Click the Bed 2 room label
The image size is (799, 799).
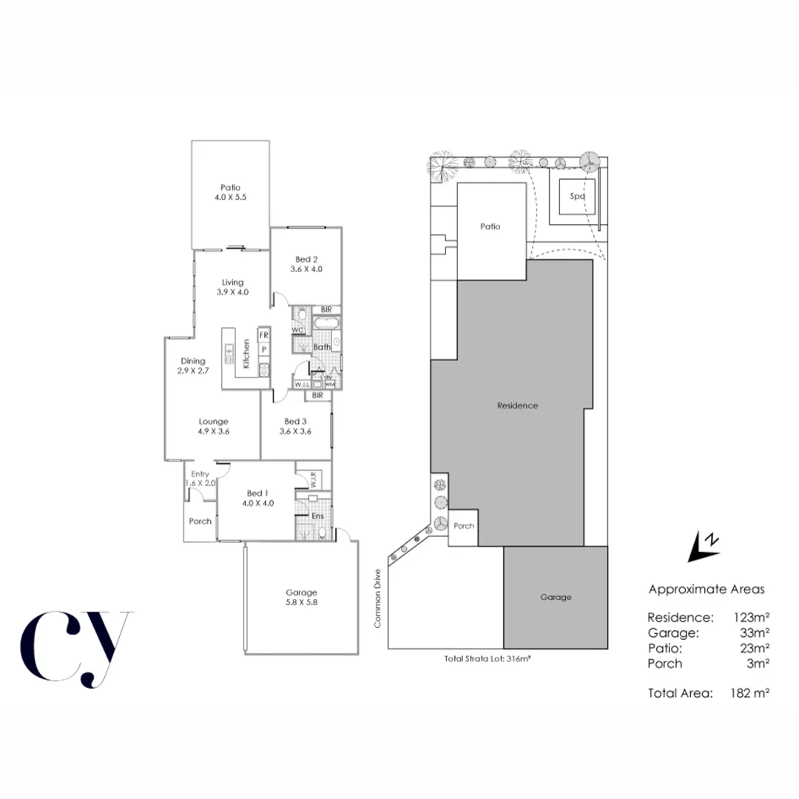(306, 259)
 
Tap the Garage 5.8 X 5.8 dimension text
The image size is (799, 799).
(301, 602)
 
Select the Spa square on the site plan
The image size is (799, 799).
(577, 198)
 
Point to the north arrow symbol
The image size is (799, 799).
(703, 546)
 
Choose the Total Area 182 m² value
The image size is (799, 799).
(749, 693)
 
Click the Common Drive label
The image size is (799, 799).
(377, 599)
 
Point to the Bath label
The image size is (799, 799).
(321, 346)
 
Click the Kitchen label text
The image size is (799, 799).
(246, 353)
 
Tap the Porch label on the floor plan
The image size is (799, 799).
(200, 521)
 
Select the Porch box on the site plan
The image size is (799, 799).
(463, 527)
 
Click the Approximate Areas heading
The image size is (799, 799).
(706, 590)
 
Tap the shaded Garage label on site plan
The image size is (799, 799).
(555, 597)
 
